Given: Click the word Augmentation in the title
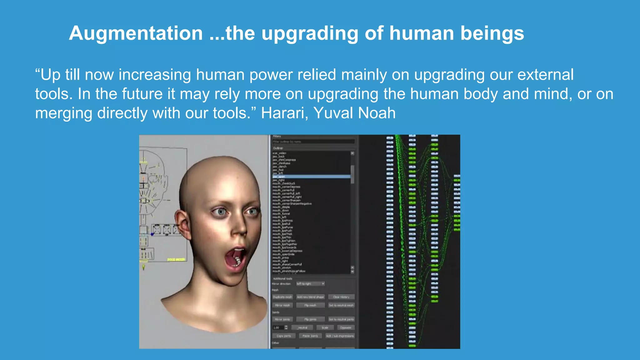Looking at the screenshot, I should point(136,33).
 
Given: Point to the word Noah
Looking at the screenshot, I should point(377,113).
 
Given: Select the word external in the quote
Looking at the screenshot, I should point(545,75).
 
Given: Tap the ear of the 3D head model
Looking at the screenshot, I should point(182,224).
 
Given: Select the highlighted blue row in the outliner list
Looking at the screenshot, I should point(311,177).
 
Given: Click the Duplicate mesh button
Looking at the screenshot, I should point(282,297).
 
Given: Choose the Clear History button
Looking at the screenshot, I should point(341,297).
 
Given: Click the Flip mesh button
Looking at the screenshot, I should point(310,305).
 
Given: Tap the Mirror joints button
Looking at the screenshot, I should point(282,319).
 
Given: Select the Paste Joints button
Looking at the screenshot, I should point(310,336).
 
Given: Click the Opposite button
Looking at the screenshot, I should point(346,328).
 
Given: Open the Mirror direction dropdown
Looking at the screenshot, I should point(310,284).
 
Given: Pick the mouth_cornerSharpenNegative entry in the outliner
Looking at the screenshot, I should point(292,204).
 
